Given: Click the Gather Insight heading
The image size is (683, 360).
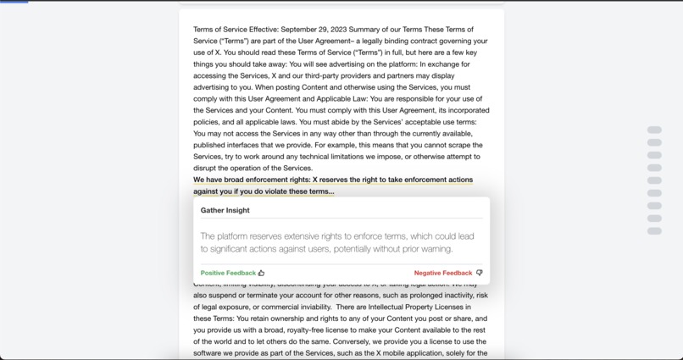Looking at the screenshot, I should click(x=225, y=210).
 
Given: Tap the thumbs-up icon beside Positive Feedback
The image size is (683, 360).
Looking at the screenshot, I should click(x=261, y=273).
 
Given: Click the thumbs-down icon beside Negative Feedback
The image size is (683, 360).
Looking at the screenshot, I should click(x=479, y=273).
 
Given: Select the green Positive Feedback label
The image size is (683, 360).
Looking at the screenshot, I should click(x=228, y=273).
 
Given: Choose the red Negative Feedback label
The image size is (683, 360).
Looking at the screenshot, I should click(x=442, y=273).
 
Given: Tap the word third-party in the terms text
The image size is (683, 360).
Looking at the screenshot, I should click(x=323, y=75).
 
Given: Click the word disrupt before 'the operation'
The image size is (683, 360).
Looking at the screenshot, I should click(x=207, y=168).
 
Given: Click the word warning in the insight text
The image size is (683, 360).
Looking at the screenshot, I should click(x=435, y=249).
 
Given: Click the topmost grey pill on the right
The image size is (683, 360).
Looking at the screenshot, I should click(x=654, y=130).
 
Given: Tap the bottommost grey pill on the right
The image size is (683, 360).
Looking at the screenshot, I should click(x=654, y=230).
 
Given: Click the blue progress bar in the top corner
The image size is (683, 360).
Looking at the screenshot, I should click(x=14, y=2).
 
